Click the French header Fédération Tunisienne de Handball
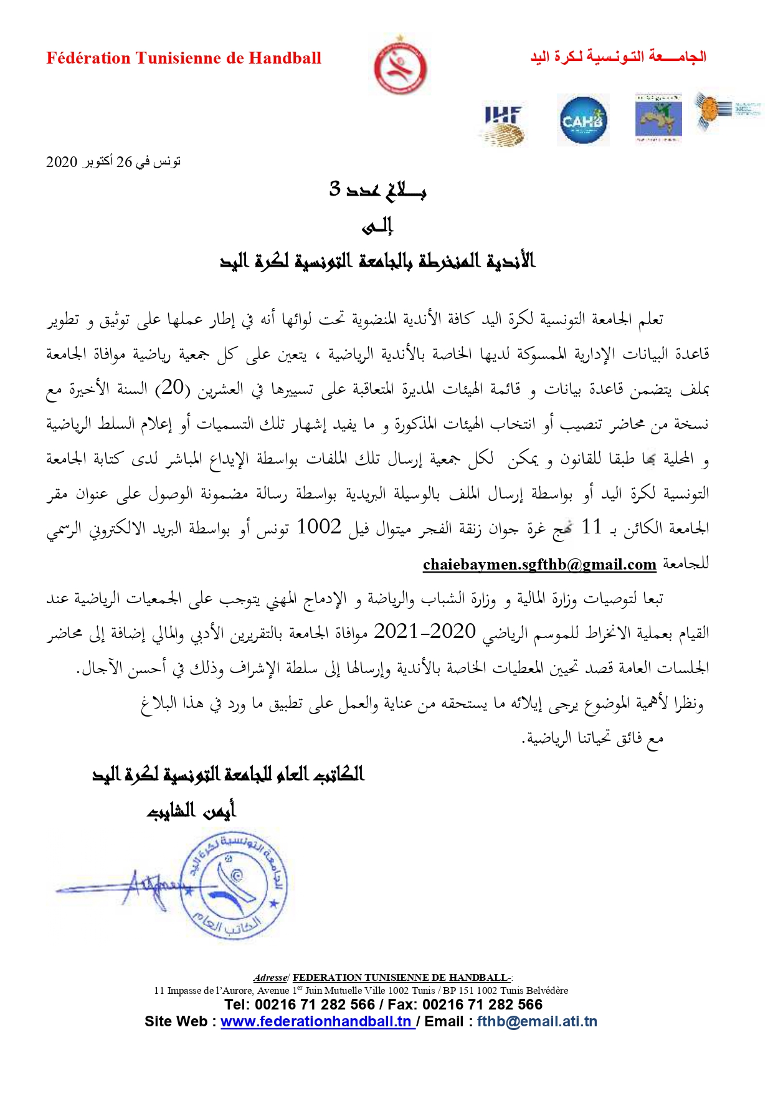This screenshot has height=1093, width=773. coord(184,59)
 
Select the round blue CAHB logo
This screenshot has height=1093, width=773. coord(582,120)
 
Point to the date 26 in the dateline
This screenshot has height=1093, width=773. coord(124,162)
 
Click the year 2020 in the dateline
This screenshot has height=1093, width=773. coord(62,162)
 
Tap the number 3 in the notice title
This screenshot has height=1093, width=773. coord(335,188)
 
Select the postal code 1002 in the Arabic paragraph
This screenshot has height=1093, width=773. coord(319,527)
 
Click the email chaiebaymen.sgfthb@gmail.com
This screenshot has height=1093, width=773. coord(539,565)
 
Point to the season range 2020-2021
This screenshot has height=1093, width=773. coord(425,632)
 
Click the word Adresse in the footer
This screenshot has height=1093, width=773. coord(270,978)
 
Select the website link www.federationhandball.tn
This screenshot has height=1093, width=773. coord(316,1021)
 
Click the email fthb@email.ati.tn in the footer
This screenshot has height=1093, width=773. coord(537,1021)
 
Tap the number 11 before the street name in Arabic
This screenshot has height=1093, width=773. coord(591,527)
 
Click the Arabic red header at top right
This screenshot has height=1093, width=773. coord(618,57)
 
